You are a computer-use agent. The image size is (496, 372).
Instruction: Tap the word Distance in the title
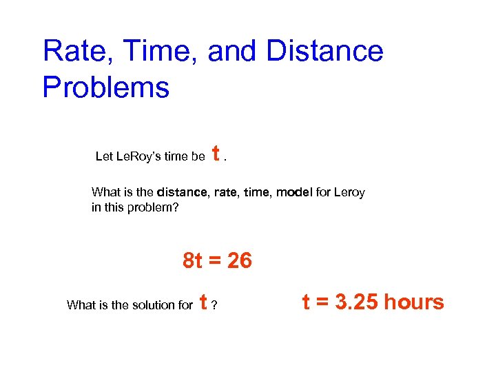point(324,52)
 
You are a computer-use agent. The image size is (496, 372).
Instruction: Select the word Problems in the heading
point(105,88)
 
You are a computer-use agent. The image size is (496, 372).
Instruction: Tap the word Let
point(104,156)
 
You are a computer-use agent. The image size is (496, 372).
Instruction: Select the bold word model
point(294,193)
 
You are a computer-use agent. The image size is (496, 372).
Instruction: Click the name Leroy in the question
point(349,193)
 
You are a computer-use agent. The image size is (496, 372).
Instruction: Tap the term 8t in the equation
point(193,261)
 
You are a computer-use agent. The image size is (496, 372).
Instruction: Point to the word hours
point(414,302)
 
